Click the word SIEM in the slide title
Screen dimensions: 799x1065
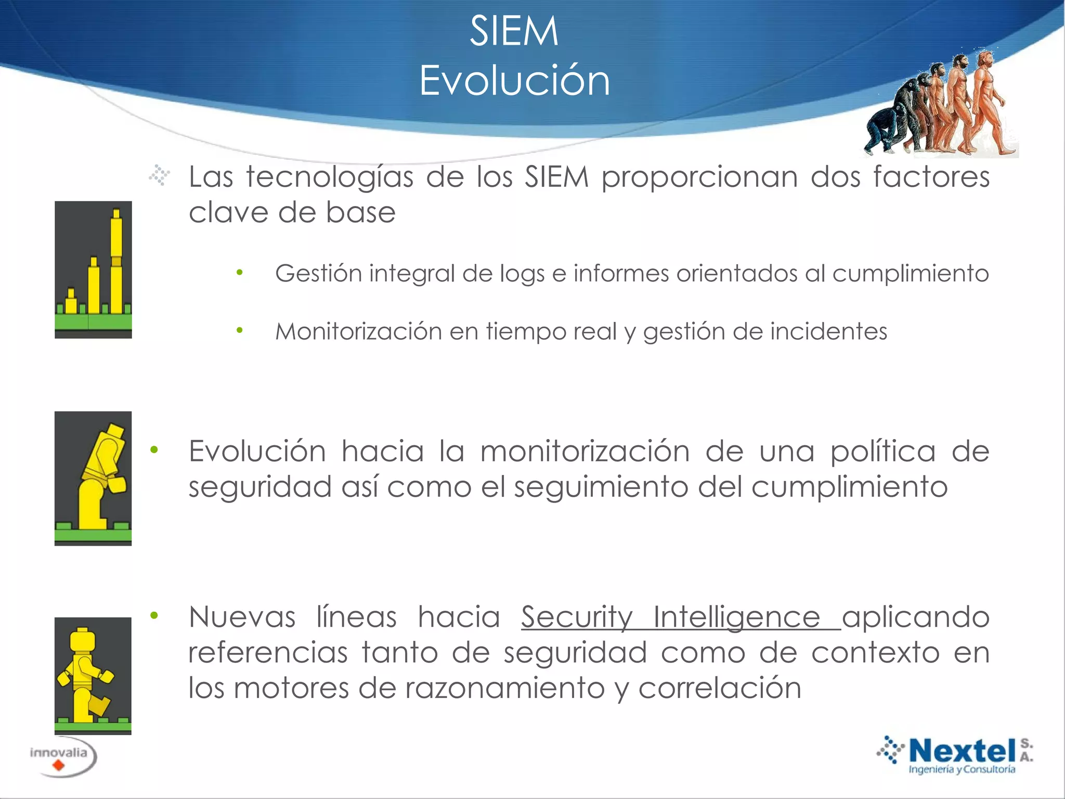pyautogui.click(x=514, y=31)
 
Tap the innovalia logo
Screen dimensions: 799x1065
pyautogui.click(x=61, y=757)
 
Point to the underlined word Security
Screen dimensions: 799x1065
pyautogui.click(x=577, y=617)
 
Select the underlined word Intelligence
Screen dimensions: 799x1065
pyautogui.click(x=736, y=617)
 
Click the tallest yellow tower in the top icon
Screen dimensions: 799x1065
pyautogui.click(x=116, y=260)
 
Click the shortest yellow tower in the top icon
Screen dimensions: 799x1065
pyautogui.click(x=71, y=302)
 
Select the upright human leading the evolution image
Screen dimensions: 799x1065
pyautogui.click(x=988, y=104)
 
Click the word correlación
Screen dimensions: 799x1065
pyautogui.click(x=720, y=688)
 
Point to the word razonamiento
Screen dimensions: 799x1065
pyautogui.click(x=505, y=688)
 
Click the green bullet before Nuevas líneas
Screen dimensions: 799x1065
pyautogui.click(x=154, y=616)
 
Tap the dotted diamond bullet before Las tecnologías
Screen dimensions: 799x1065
pyautogui.click(x=159, y=175)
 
